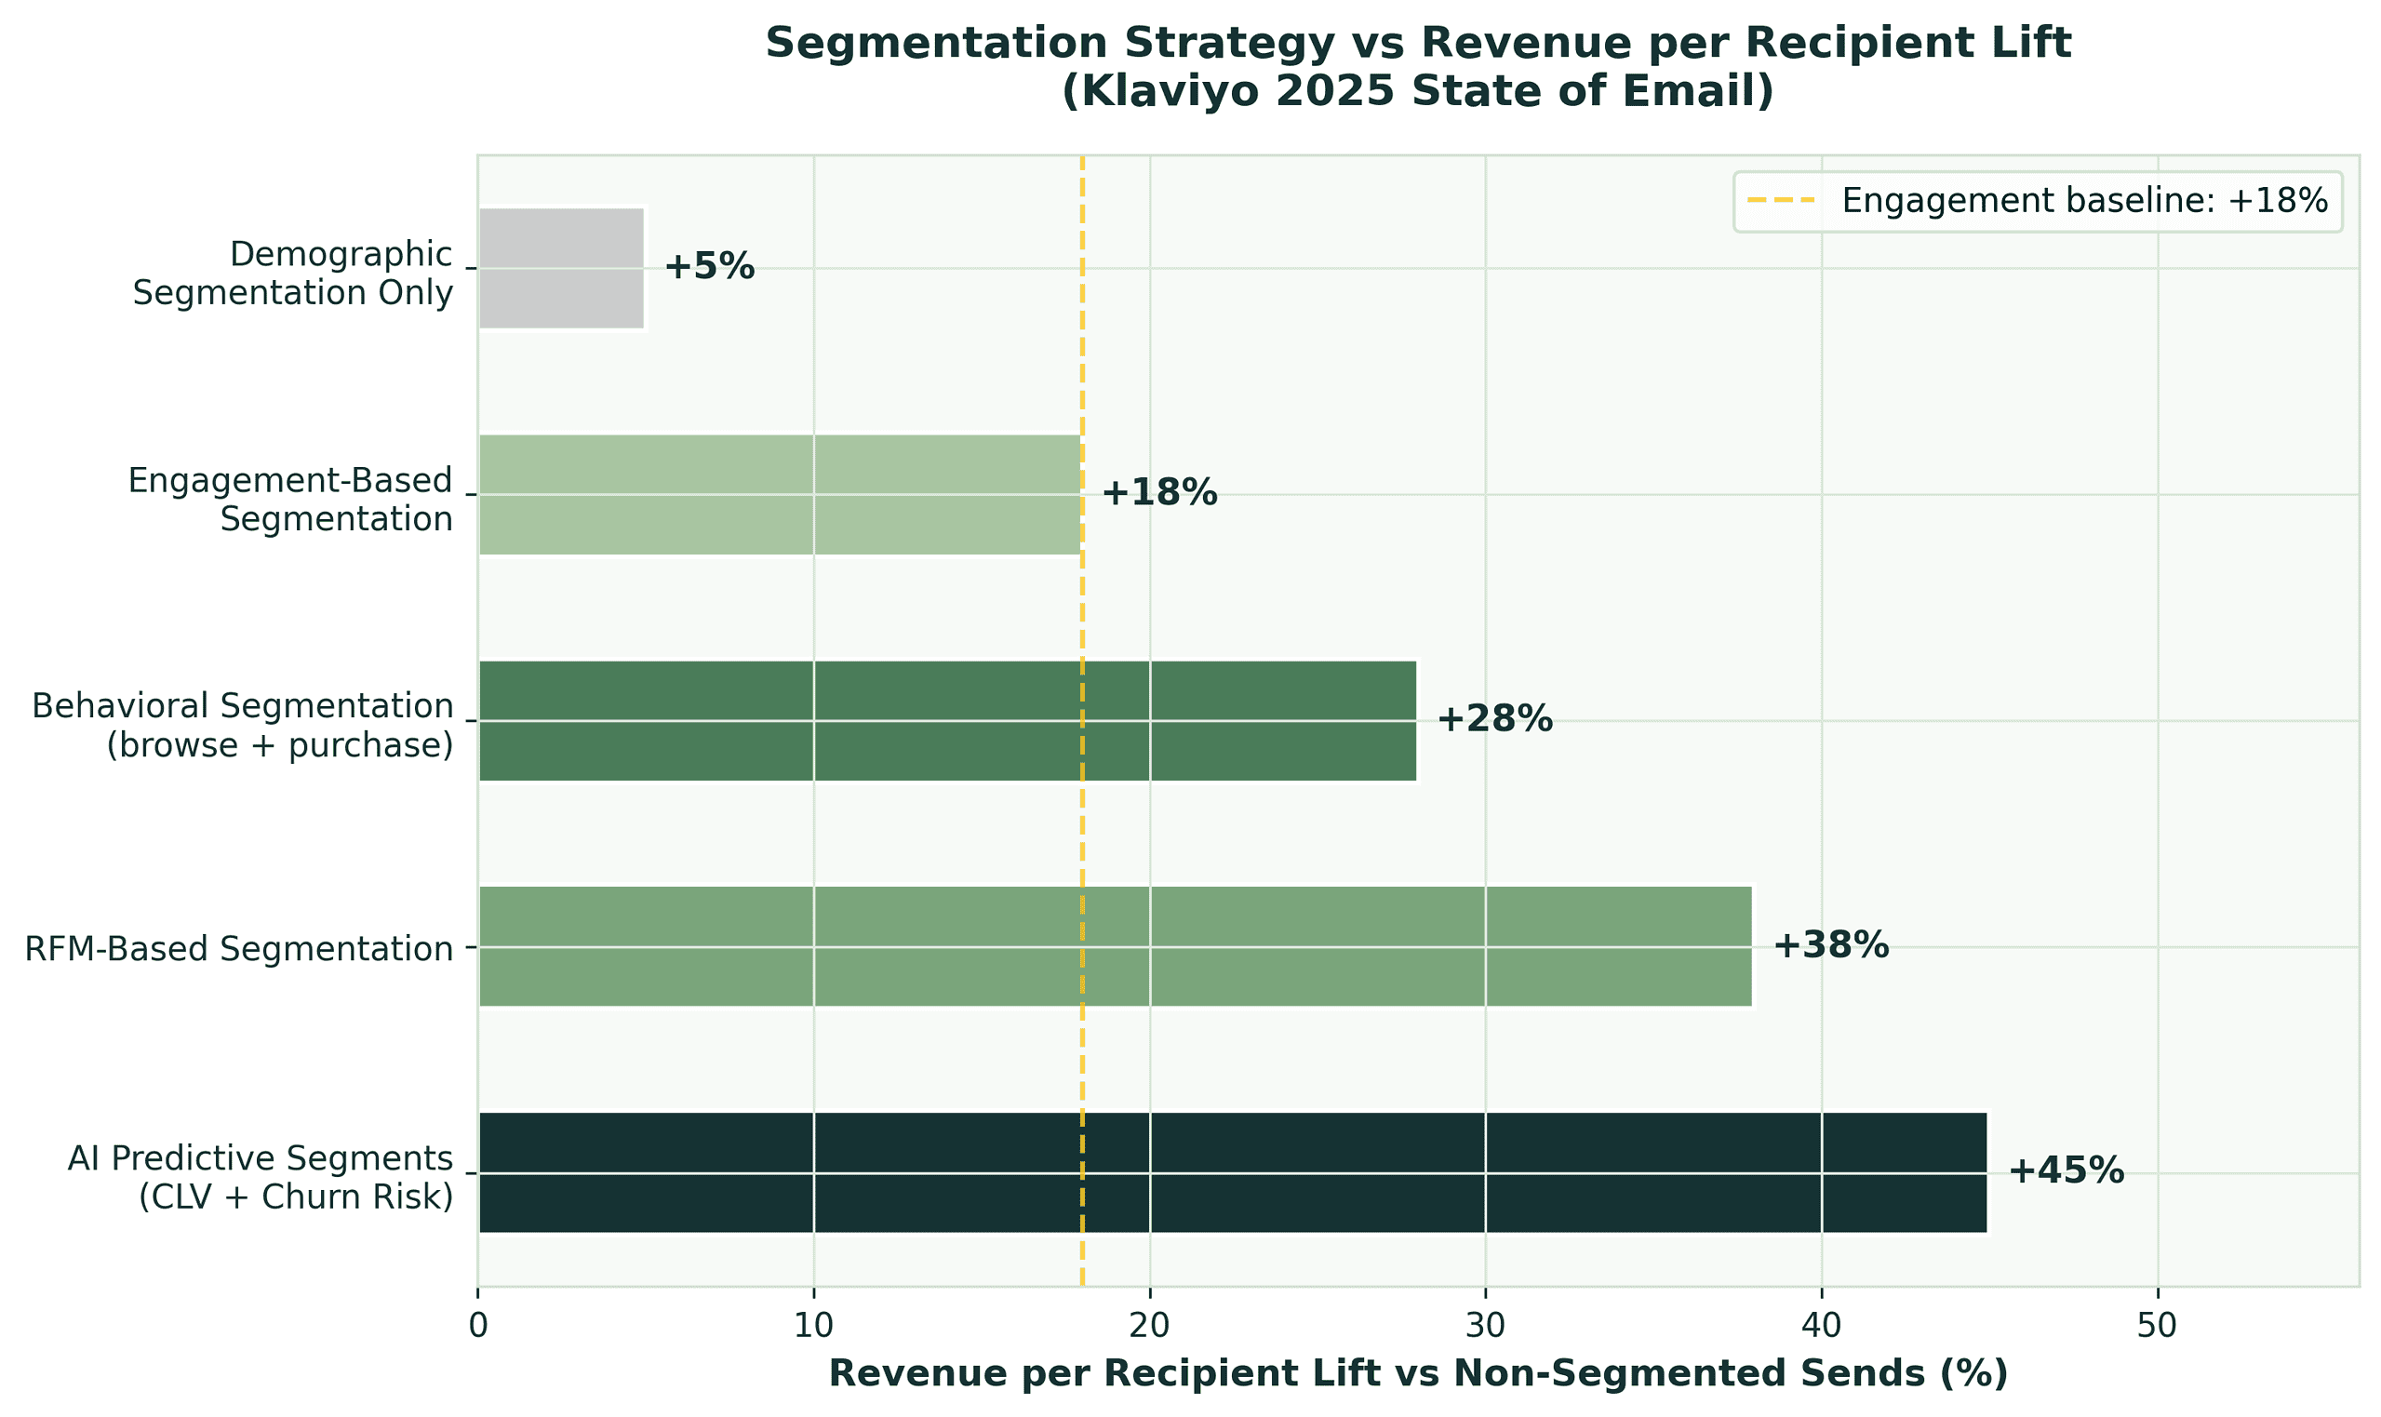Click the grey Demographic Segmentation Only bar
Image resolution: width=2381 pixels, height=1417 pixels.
pos(561,268)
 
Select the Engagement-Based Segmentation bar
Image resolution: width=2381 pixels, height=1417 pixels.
pos(779,495)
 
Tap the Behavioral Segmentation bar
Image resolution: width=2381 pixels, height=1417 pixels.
pos(947,721)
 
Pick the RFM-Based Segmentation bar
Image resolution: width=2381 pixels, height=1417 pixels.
pos(1115,946)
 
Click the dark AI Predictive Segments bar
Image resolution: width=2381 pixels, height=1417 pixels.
pos(1232,1172)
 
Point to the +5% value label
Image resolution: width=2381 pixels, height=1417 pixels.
pos(709,268)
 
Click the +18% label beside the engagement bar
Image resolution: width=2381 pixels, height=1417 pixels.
pos(1159,495)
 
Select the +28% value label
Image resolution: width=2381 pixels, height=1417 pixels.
pos(1495,721)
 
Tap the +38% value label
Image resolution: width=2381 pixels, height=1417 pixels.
pos(1831,946)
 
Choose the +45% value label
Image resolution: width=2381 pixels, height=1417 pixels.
pos(2066,1172)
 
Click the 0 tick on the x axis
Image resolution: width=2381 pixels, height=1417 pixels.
pos(477,1329)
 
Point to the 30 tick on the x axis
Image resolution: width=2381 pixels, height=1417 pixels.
pos(1486,1329)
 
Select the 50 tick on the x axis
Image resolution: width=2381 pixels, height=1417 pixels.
pos(2158,1329)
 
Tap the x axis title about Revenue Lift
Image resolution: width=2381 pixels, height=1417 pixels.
pos(1419,1375)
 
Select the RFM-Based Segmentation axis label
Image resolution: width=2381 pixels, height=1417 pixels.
pos(239,949)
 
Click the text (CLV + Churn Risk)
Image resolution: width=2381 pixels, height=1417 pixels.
pos(296,1197)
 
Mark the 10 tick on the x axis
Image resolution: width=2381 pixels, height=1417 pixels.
pos(813,1329)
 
